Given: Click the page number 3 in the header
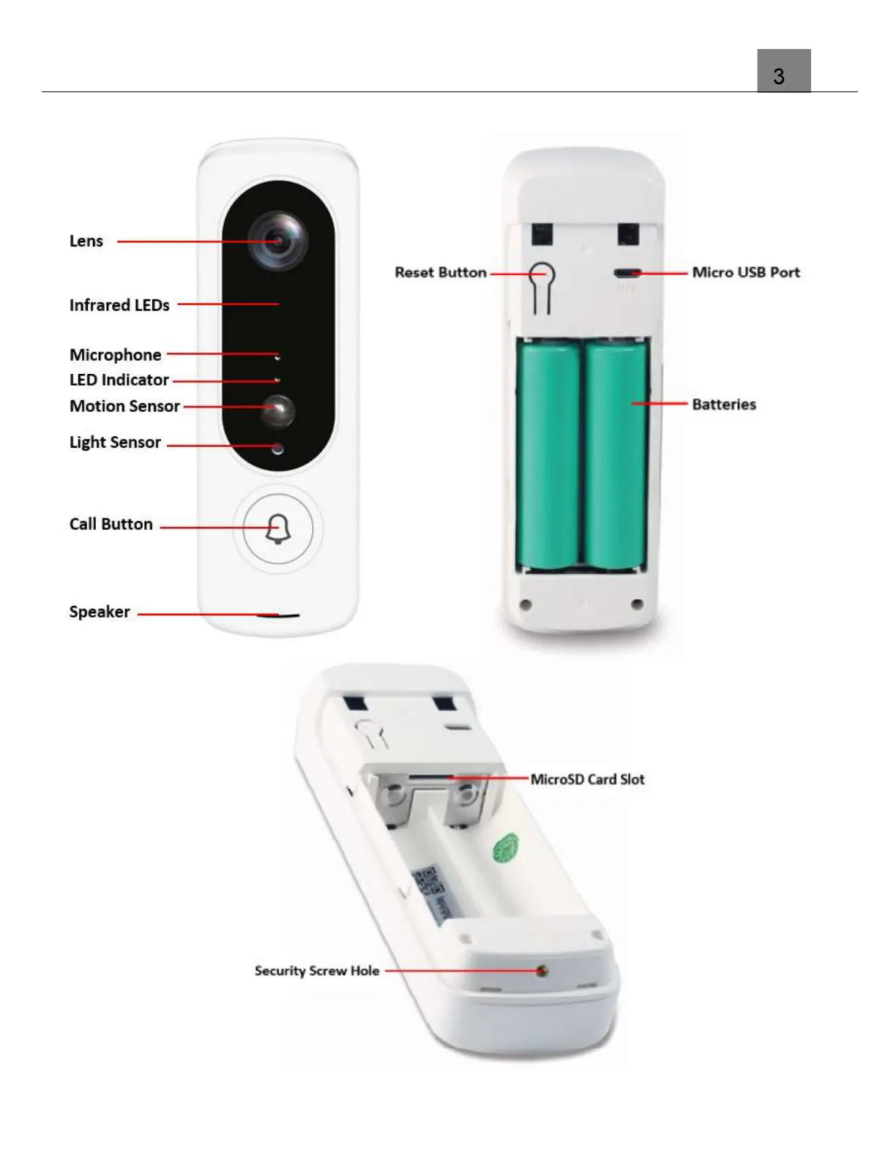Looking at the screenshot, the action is tap(779, 76).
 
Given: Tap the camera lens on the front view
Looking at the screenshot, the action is tap(277, 241).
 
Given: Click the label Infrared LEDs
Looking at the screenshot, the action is tap(119, 305).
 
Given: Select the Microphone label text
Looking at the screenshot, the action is tap(115, 355).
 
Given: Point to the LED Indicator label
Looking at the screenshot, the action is tap(119, 380).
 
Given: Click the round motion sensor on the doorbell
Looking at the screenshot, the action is tap(279, 410).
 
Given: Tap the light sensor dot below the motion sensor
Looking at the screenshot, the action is tap(277, 448).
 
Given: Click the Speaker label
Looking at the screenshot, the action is tap(99, 612).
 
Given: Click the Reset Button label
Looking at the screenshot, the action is tap(440, 272).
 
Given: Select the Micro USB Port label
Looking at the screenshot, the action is tap(745, 272).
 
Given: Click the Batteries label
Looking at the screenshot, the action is tap(723, 405).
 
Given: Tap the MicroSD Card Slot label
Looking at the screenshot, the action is tap(587, 779).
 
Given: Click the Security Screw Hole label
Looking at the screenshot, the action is tap(316, 971).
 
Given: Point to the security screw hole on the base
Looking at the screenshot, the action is tap(542, 972).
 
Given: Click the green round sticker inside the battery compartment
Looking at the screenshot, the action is tap(505, 848).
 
